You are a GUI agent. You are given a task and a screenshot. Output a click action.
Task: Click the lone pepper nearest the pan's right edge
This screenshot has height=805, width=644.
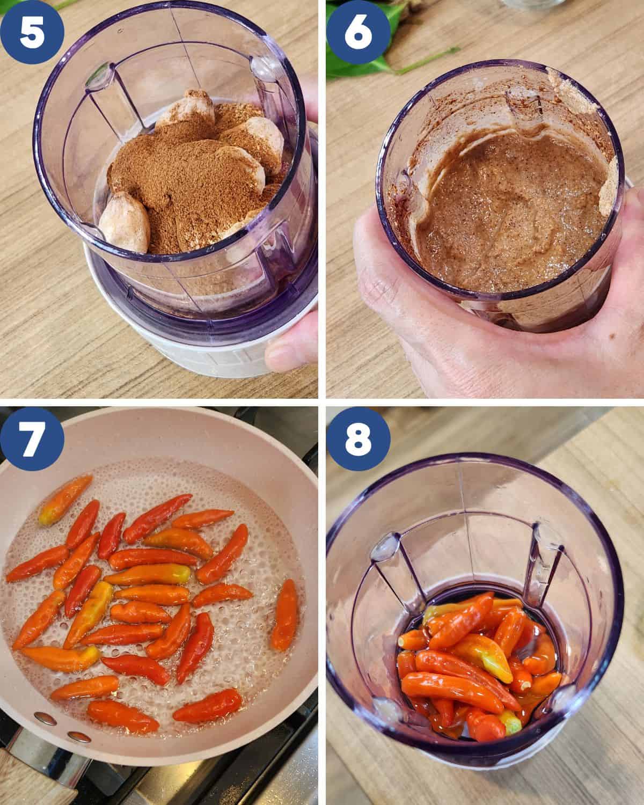(x=285, y=620)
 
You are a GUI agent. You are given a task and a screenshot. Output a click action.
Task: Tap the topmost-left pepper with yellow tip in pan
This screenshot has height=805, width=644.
(x=65, y=500)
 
